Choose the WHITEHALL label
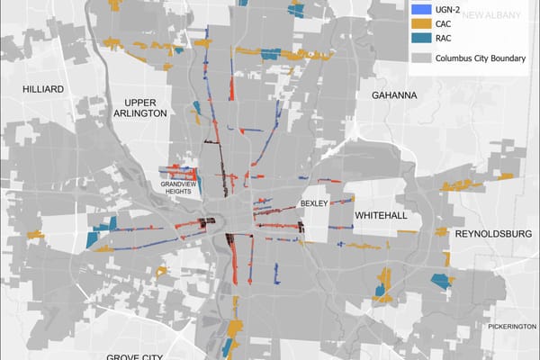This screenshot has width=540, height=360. [x=382, y=216]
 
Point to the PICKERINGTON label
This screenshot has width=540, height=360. [x=512, y=326]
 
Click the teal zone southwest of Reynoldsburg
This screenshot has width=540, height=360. [x=440, y=280]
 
